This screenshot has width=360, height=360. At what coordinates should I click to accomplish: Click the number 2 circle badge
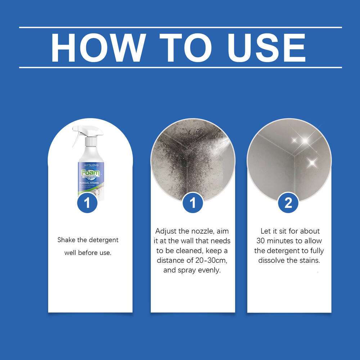click(288, 203)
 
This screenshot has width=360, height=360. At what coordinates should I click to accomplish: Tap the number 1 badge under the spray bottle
click(87, 203)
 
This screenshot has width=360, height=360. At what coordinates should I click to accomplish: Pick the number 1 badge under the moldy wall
click(193, 203)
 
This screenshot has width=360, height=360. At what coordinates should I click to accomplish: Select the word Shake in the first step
click(66, 240)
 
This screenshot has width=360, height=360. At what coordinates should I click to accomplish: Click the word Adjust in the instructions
click(166, 231)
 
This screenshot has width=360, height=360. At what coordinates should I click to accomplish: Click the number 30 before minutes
click(262, 241)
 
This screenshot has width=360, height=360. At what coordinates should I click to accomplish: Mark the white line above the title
click(180, 27)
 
